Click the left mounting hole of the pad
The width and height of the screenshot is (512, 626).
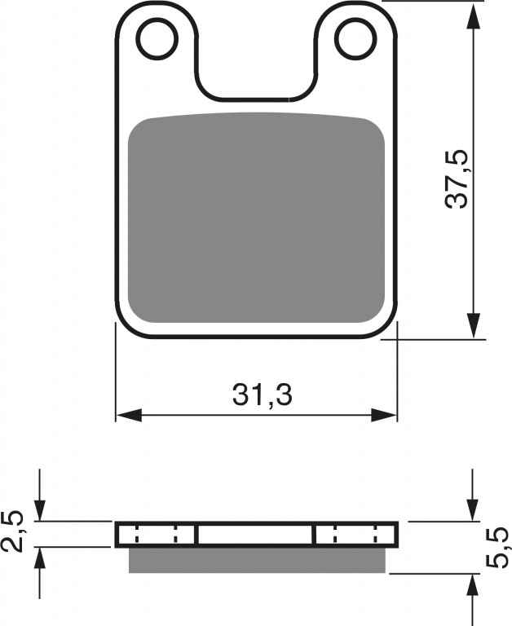[x=157, y=39]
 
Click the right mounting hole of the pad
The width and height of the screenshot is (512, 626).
[x=355, y=39]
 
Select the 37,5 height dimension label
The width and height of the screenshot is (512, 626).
[x=457, y=179]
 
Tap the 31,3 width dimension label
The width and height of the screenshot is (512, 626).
[x=263, y=395]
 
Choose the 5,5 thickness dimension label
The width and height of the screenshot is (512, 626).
[x=497, y=548]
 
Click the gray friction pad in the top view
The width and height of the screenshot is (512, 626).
[x=256, y=218]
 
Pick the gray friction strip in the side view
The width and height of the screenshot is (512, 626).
[x=257, y=560]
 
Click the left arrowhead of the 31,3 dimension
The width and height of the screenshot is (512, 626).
[x=129, y=415]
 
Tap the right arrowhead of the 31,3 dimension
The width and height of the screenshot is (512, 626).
[x=384, y=415]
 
